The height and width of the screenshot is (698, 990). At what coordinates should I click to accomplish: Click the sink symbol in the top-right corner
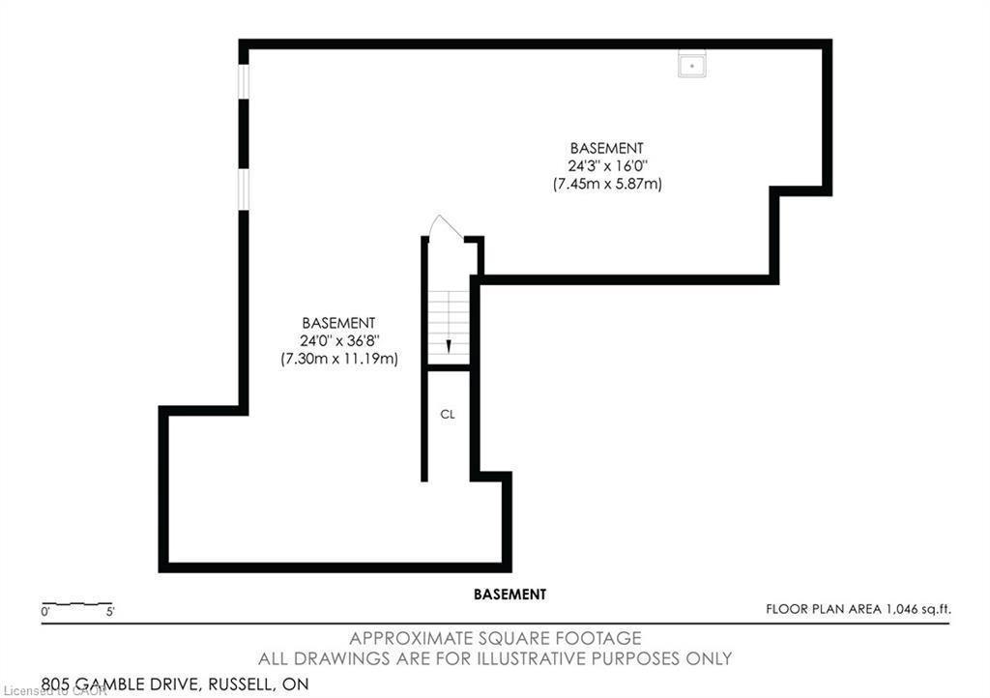(691, 64)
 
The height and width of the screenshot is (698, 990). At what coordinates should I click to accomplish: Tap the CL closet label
(448, 414)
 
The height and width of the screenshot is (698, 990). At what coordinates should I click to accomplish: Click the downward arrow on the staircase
(449, 345)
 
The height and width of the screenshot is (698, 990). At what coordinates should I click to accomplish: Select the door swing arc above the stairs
(445, 226)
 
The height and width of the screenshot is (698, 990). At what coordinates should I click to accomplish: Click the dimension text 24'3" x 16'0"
(606, 165)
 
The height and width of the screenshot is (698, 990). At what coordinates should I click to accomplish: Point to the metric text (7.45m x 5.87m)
(606, 183)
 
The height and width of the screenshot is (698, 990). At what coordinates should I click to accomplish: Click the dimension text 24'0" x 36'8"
(338, 340)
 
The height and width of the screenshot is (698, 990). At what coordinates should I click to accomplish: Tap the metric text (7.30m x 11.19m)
(338, 358)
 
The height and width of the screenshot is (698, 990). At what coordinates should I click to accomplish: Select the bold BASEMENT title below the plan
(510, 595)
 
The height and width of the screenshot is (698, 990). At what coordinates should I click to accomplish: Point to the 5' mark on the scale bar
(110, 612)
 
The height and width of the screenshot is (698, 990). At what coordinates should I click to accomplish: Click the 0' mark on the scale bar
(45, 612)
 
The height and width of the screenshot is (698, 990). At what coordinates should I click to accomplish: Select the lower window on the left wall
(244, 189)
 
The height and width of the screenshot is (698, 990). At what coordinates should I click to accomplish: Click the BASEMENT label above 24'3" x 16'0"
(606, 148)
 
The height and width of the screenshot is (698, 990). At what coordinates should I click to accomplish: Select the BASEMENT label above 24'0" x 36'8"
(338, 323)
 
